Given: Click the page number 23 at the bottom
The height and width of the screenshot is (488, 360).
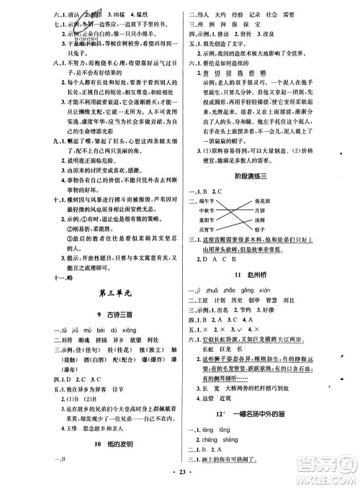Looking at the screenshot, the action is (180, 478).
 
